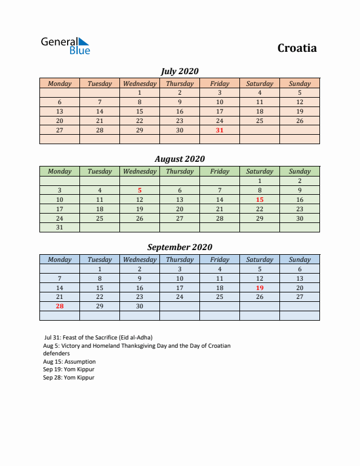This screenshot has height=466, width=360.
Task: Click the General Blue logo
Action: tap(65, 46)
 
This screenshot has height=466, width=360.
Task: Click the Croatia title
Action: tap(297, 48)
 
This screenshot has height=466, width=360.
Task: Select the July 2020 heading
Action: tap(179, 71)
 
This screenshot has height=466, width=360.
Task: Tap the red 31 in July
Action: tap(219, 130)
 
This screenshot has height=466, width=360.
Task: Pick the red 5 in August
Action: tap(139, 190)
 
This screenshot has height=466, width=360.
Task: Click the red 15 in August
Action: tap(259, 199)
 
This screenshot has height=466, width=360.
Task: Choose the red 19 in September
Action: tap(259, 288)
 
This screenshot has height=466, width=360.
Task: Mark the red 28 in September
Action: tap(59, 307)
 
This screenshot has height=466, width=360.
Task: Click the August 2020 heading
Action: tap(179, 159)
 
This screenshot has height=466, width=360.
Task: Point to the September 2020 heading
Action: tap(179, 247)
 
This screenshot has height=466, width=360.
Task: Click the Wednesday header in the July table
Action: tap(139, 84)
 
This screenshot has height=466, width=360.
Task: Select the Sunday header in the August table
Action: tap(299, 171)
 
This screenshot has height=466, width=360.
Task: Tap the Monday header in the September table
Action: tap(59, 259)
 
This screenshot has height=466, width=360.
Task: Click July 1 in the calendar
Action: tap(139, 92)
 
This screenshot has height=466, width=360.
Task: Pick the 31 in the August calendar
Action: tap(59, 228)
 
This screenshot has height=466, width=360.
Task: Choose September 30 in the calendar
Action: tap(139, 307)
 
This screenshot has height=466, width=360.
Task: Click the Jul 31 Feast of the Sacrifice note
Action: tap(98, 338)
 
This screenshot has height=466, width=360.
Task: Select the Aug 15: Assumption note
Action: tap(69, 362)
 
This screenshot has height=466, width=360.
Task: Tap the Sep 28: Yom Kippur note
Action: tap(68, 378)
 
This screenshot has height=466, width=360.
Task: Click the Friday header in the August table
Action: tap(219, 171)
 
